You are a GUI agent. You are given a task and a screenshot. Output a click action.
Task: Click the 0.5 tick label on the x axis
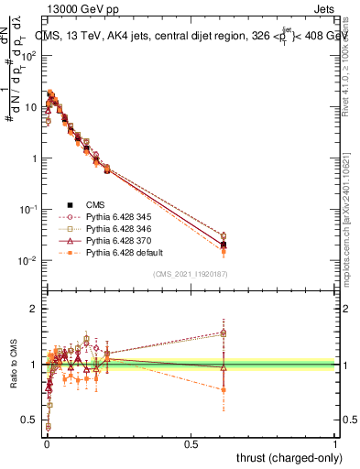191,444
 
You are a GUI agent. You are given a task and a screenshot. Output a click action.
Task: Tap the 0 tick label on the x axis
45,444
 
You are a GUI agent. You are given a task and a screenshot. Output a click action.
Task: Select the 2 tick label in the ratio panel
34,309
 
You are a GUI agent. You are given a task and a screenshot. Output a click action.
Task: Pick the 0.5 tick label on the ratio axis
29,420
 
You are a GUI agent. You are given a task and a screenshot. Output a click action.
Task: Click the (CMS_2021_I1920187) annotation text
191,274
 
